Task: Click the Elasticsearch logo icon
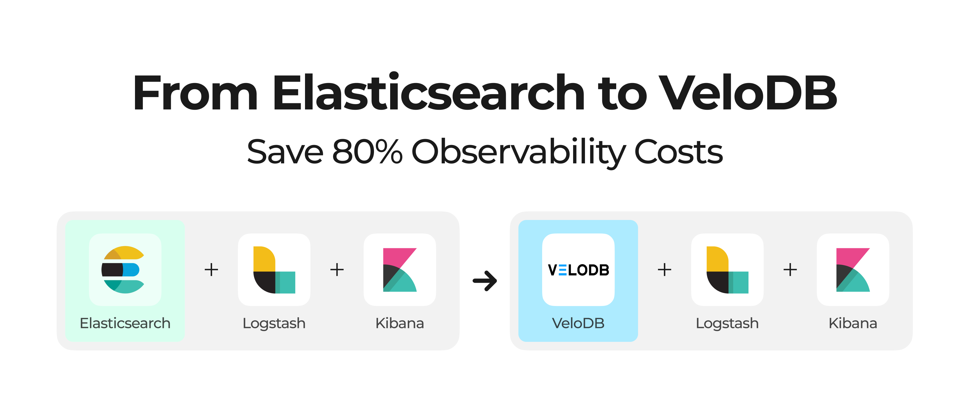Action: tap(123, 270)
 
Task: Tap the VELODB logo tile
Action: tap(578, 270)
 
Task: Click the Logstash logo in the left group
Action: tap(274, 270)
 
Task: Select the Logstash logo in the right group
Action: tap(727, 270)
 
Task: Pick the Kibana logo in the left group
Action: tap(400, 270)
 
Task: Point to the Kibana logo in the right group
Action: tap(853, 270)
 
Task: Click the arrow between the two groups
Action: tap(485, 281)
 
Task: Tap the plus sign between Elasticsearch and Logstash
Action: tap(211, 270)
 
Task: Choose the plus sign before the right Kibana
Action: tap(790, 270)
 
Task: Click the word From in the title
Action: tap(195, 93)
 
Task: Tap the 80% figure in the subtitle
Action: tap(367, 152)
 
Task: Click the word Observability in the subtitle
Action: tap(518, 153)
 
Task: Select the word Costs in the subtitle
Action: tap(678, 152)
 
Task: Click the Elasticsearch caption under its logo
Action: tap(125, 323)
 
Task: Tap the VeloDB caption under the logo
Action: tap(578, 323)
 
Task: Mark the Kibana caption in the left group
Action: tap(400, 323)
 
